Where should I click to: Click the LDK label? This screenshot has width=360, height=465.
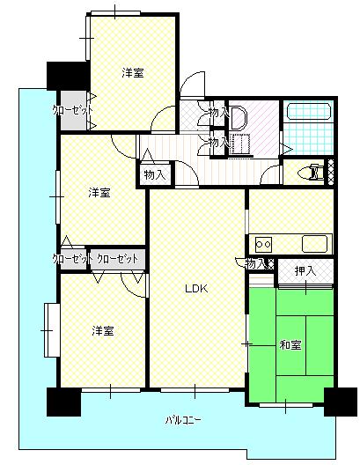(x=196, y=289)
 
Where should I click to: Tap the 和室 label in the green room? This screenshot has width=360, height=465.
(x=290, y=345)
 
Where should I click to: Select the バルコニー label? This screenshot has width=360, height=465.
(x=183, y=420)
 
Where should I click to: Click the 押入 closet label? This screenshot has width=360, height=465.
(x=305, y=270)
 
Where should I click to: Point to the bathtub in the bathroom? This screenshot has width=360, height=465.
(x=309, y=112)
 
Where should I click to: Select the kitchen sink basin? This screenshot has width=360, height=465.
(x=314, y=243)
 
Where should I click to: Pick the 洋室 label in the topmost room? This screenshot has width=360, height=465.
(x=133, y=72)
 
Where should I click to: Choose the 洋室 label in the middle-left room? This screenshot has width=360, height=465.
(x=99, y=193)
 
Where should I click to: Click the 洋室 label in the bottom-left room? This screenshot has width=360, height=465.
(x=103, y=330)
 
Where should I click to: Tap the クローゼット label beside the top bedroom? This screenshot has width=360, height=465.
(x=72, y=111)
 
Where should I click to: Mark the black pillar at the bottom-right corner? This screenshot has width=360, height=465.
(x=341, y=402)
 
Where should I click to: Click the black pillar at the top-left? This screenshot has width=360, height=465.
(x=68, y=76)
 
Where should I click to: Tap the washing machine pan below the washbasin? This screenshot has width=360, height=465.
(x=240, y=144)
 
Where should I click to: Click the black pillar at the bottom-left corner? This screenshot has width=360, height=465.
(x=64, y=402)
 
